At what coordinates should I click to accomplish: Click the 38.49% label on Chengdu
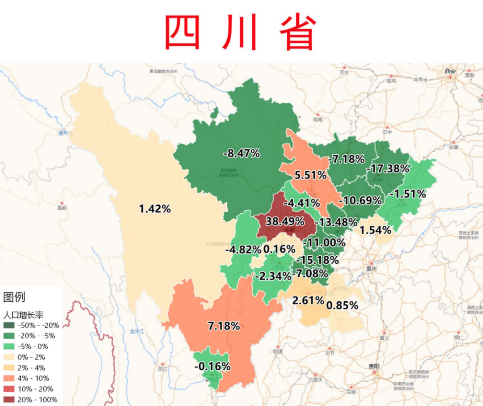(x=284, y=221)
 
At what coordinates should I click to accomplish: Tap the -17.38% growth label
(x=387, y=169)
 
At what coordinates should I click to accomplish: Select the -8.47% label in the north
(x=241, y=153)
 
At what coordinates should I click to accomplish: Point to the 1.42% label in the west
(x=155, y=209)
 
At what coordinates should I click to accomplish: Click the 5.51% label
(x=310, y=175)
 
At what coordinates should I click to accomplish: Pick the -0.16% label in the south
(x=212, y=367)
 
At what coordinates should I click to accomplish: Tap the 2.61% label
(x=308, y=300)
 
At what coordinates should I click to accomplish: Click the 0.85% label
(x=342, y=306)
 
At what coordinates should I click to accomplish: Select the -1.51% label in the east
(x=407, y=194)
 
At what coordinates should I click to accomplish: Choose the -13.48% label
(x=336, y=222)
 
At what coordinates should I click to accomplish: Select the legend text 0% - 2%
(x=32, y=357)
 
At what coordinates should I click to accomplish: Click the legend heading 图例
(x=14, y=297)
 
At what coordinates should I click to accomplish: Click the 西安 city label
(x=450, y=72)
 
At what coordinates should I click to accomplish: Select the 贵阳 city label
(x=374, y=367)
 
